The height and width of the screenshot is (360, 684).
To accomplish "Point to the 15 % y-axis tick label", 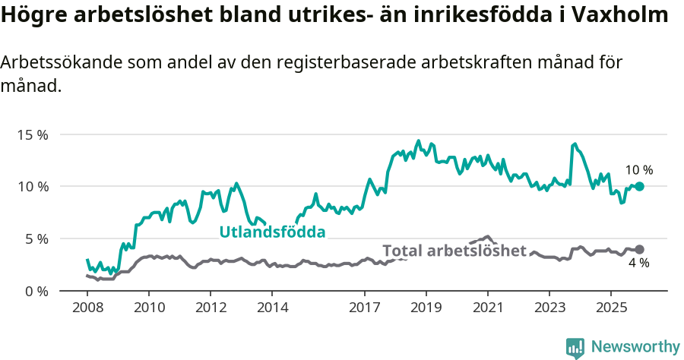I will (x=33, y=134).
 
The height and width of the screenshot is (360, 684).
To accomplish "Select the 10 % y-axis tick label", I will (x=33, y=186).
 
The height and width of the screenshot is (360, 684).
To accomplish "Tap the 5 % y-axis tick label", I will (x=36, y=238).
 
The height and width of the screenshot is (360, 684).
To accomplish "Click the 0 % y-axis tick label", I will (x=36, y=291).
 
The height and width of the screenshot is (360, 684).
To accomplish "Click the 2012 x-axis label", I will (x=211, y=308).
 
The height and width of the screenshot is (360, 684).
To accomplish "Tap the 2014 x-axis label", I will (x=272, y=308).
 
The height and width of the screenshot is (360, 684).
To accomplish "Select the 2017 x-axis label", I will (x=364, y=308).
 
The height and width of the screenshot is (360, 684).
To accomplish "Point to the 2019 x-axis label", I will (x=426, y=308).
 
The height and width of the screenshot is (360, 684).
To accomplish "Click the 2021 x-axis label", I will (x=487, y=308).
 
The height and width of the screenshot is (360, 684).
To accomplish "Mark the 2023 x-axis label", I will (x=549, y=308).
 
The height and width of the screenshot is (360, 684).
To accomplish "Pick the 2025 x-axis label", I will (x=611, y=308).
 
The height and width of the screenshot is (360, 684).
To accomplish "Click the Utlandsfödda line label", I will (x=272, y=232).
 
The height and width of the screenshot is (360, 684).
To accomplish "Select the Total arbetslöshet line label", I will (x=454, y=251).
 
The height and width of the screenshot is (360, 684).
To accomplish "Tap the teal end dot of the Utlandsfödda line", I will (x=639, y=186).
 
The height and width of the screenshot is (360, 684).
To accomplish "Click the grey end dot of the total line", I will (x=639, y=249).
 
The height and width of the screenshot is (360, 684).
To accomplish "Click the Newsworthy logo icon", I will (x=575, y=348).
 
